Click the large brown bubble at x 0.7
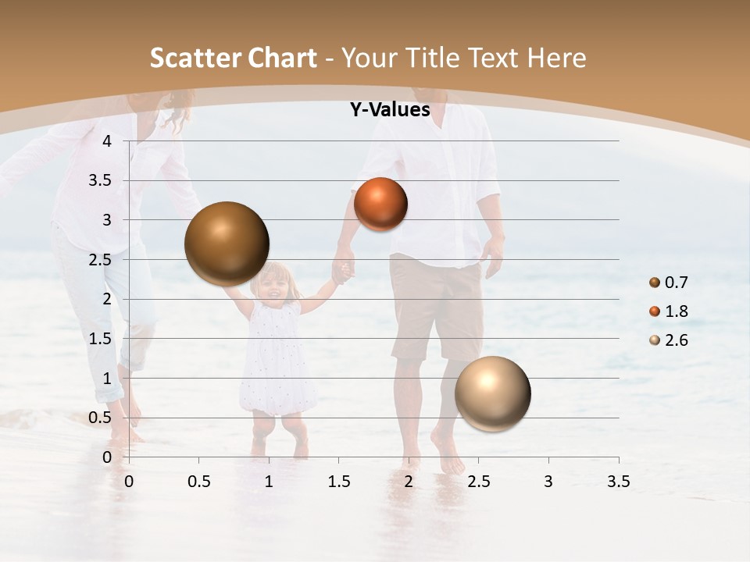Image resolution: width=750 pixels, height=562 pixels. [227, 244]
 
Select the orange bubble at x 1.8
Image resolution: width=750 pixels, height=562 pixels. [380, 204]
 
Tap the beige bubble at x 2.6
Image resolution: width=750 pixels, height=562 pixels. [492, 393]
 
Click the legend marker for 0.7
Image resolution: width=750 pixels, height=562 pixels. [654, 283]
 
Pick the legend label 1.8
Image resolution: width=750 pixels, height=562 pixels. [677, 311]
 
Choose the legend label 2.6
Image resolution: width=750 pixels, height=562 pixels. [677, 340]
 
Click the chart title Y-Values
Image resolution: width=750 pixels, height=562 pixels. [389, 110]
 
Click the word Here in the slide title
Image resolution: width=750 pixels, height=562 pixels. [556, 58]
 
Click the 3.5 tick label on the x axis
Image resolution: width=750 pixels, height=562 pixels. [618, 482]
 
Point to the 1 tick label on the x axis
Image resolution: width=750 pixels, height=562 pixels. [269, 482]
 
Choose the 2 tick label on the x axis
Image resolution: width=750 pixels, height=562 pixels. [409, 482]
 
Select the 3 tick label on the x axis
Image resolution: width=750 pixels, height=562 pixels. [548, 482]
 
